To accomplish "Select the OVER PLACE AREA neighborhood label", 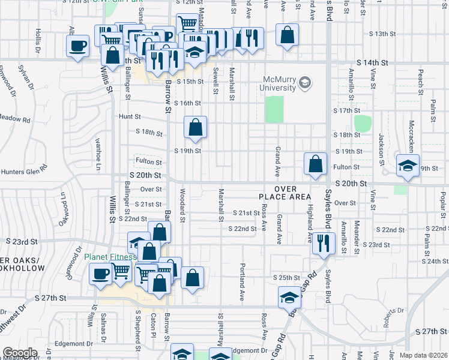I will click(285, 193).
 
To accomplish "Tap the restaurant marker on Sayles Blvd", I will click(324, 243).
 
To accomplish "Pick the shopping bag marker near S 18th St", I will click(195, 127).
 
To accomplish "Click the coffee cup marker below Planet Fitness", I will click(100, 274).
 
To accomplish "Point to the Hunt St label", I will click(129, 116).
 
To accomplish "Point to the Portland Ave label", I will click(243, 281).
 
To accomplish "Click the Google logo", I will click(20, 353).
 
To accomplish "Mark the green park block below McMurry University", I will click(274, 109).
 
